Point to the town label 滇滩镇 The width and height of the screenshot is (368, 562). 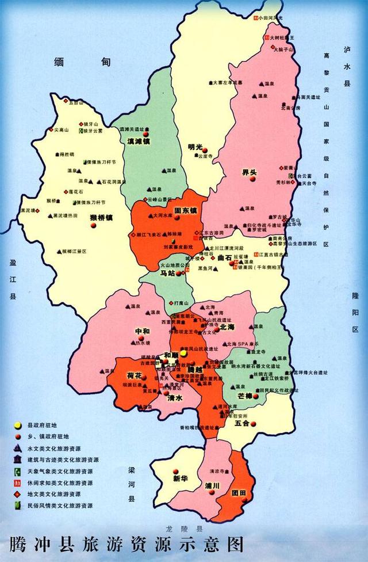point(139,141)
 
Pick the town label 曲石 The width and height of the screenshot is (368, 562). point(225,259)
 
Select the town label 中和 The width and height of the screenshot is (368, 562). point(142,331)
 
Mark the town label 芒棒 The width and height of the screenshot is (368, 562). point(244,396)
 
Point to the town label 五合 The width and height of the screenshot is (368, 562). point(242,424)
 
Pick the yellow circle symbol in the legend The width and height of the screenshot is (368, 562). point(18,426)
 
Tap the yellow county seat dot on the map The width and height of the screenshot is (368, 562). point(183,353)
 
